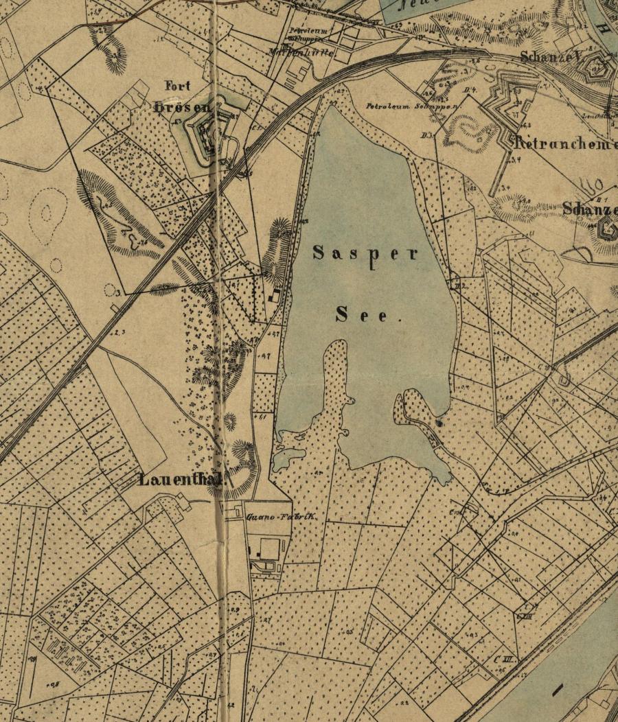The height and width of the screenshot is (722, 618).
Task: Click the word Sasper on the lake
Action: click(365, 254)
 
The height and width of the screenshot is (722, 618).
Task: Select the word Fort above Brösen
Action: click(178, 86)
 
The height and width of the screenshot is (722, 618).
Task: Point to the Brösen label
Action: click(183, 107)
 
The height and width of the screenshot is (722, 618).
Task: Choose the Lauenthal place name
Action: click(182, 479)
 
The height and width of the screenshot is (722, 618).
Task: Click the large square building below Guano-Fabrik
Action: click(269, 548)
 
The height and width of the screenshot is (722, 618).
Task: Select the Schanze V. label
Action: click(551, 58)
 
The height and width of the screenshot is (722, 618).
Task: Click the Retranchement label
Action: click(565, 144)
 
